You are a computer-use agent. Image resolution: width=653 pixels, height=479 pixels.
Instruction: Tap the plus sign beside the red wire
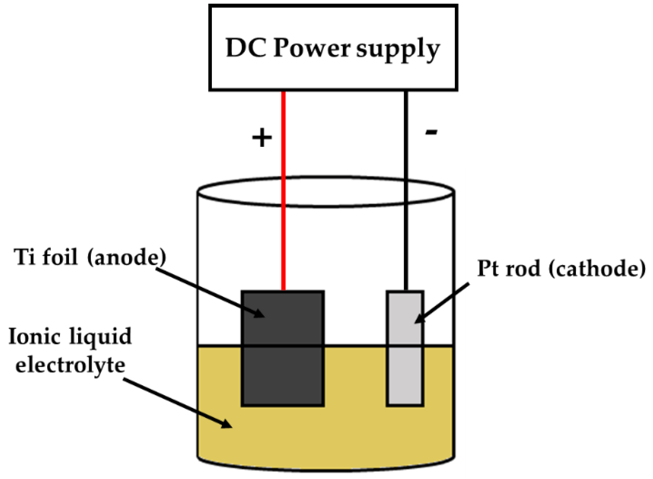pyautogui.click(x=262, y=138)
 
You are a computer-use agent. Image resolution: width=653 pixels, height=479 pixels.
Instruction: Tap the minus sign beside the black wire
pyautogui.click(x=431, y=133)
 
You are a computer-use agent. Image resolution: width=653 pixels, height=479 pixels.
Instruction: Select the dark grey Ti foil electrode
pyautogui.click(x=283, y=367)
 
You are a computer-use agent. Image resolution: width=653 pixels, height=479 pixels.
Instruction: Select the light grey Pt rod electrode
pyautogui.click(x=405, y=367)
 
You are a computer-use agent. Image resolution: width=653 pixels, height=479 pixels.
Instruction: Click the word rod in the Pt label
pyautogui.click(x=523, y=269)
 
